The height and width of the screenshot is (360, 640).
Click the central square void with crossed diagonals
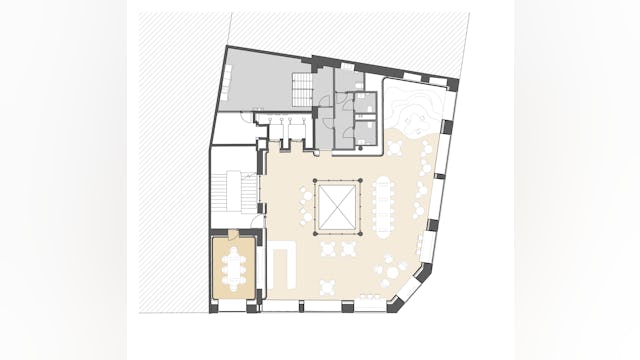338,207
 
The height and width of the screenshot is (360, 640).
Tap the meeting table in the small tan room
236,267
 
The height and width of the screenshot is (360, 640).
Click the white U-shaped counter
285,267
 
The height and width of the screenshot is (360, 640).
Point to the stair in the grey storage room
300,83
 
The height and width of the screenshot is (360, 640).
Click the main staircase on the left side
236,192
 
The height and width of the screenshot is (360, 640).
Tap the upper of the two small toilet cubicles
366,105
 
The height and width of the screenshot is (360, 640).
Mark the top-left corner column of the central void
316,181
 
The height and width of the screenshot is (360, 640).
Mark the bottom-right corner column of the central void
361,232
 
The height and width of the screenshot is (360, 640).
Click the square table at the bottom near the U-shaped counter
331,286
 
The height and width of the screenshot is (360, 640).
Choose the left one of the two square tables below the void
326,249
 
